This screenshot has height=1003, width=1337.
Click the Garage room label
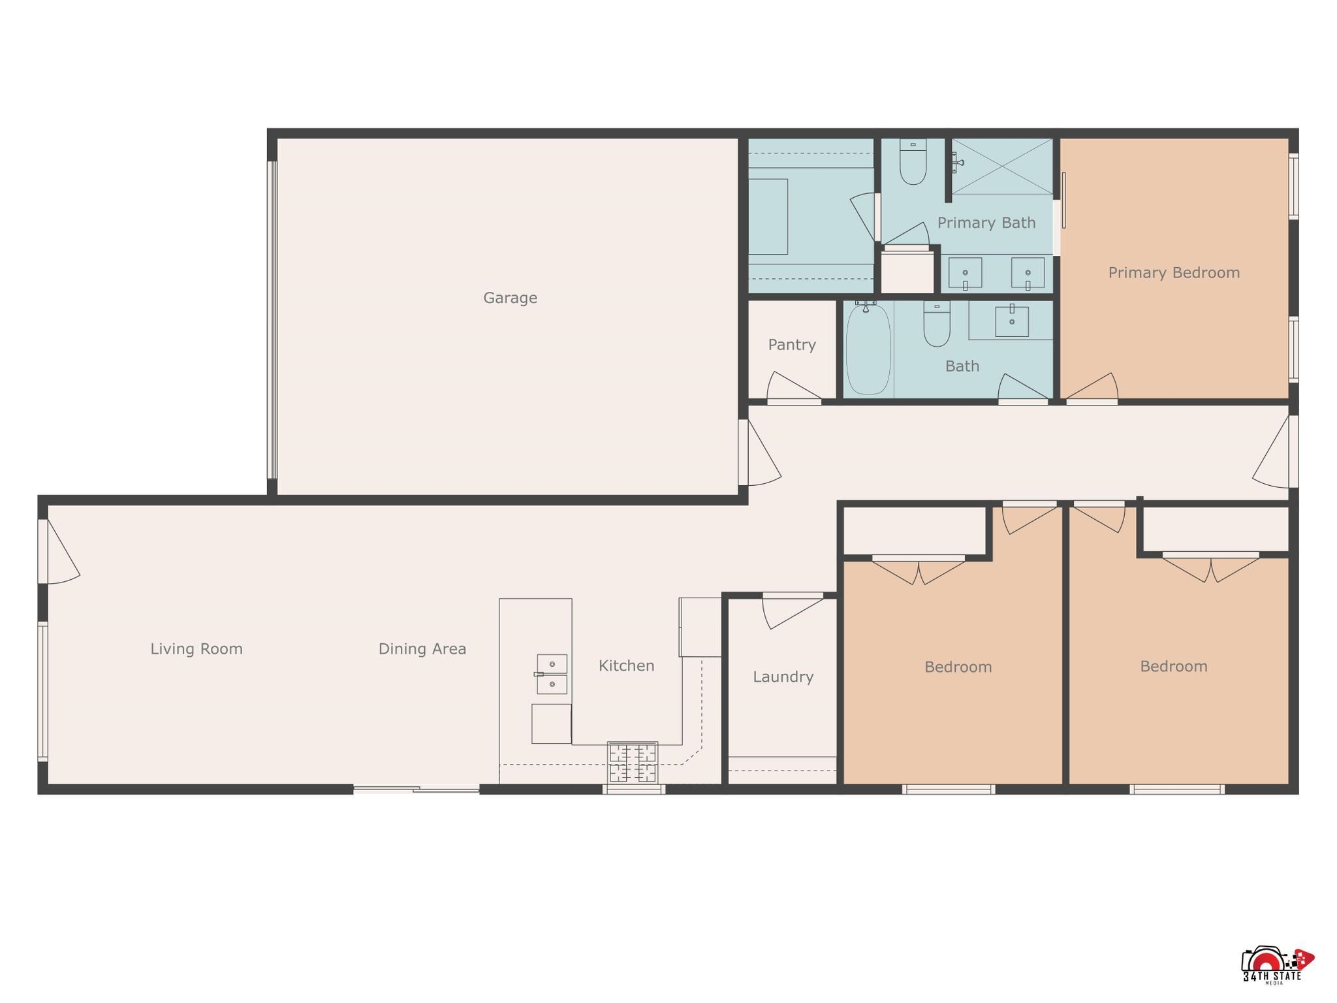[x=510, y=298]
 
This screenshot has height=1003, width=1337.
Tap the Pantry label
[x=791, y=345]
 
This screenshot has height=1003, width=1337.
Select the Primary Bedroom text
[x=1173, y=273]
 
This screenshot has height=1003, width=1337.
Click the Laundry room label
[x=782, y=677]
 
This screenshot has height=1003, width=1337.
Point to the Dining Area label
[x=422, y=649]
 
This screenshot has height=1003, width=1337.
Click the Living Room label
[x=196, y=649]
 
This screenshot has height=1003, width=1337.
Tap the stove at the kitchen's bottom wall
[x=632, y=762]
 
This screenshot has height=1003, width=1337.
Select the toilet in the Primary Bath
[x=913, y=163]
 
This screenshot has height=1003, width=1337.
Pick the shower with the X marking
[x=1001, y=167]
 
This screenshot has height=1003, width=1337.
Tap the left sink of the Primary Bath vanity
[x=965, y=273]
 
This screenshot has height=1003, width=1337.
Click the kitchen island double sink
[x=552, y=674]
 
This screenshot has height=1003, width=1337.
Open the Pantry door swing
[x=792, y=388]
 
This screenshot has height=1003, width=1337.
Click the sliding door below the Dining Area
[x=417, y=789]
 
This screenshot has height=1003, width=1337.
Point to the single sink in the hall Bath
[x=1011, y=321]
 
